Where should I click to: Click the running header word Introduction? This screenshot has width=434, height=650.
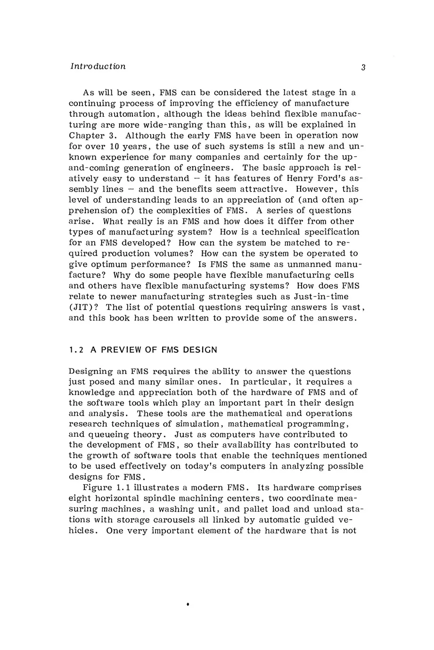click(x=98, y=66)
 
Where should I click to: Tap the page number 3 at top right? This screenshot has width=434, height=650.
click(x=363, y=67)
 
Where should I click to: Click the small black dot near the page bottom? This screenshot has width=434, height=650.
click(x=188, y=602)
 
